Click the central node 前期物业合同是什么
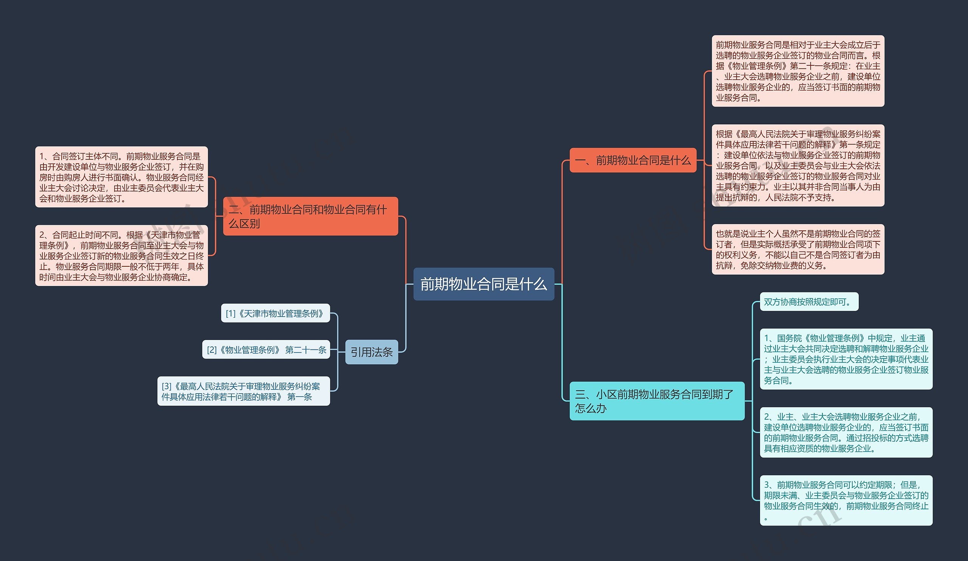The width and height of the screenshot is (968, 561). click(x=483, y=284)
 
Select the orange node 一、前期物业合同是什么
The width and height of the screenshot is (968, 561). click(x=633, y=160)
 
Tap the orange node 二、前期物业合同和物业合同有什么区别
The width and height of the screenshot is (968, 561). click(x=310, y=216)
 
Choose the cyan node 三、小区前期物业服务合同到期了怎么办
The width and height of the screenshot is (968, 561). click(x=656, y=400)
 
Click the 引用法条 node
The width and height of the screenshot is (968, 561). click(x=371, y=352)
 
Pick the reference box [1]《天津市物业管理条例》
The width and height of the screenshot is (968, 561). click(x=275, y=313)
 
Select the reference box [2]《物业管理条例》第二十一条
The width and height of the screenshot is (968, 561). click(x=266, y=349)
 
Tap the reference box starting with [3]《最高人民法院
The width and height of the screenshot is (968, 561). click(x=243, y=391)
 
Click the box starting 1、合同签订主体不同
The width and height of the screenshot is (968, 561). click(x=121, y=177)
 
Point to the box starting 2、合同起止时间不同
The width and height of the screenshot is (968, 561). click(x=121, y=255)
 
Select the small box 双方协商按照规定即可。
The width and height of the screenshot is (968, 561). click(x=808, y=301)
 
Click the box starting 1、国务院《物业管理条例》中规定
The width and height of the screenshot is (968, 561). click(x=846, y=359)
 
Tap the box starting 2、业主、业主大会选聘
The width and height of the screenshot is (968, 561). click(x=846, y=432)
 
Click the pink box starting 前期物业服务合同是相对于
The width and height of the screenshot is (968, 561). click(x=798, y=71)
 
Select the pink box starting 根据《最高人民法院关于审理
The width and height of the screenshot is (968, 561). click(x=798, y=165)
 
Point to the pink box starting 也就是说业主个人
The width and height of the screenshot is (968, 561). click(x=798, y=249)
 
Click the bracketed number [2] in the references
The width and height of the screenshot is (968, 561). click(x=212, y=350)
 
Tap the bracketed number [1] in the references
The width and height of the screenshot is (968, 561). click(x=231, y=314)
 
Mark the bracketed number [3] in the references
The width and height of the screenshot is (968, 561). click(x=166, y=386)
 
